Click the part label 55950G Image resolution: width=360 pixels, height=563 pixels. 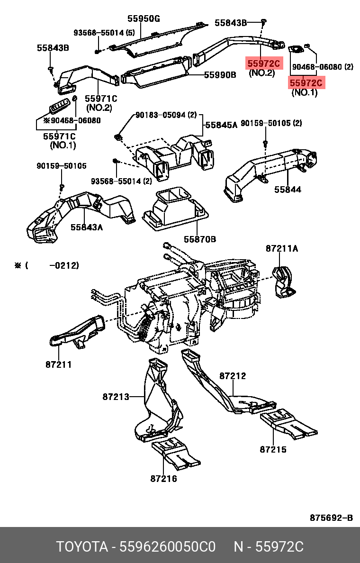point(144,18)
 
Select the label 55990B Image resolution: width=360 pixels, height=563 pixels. point(220,75)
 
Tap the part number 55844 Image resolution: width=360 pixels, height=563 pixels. point(288,189)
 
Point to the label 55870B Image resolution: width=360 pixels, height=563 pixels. point(200,239)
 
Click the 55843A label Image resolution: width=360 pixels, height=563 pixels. point(87,227)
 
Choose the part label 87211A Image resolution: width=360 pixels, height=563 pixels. point(282,248)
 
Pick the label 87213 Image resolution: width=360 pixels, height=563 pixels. point(116,397)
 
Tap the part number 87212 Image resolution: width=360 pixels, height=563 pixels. point(233,376)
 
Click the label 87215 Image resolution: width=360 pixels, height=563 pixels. point(273,449)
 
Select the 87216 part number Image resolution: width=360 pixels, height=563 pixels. point(164,478)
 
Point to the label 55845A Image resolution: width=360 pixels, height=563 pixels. point(221,125)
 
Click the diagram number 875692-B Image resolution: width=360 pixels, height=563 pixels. point(331,518)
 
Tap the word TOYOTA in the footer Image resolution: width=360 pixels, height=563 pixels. point(82,547)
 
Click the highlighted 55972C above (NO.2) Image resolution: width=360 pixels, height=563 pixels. point(263,64)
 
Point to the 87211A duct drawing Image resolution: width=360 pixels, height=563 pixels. point(283,282)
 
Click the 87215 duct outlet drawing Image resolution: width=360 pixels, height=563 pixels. point(288,425)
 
